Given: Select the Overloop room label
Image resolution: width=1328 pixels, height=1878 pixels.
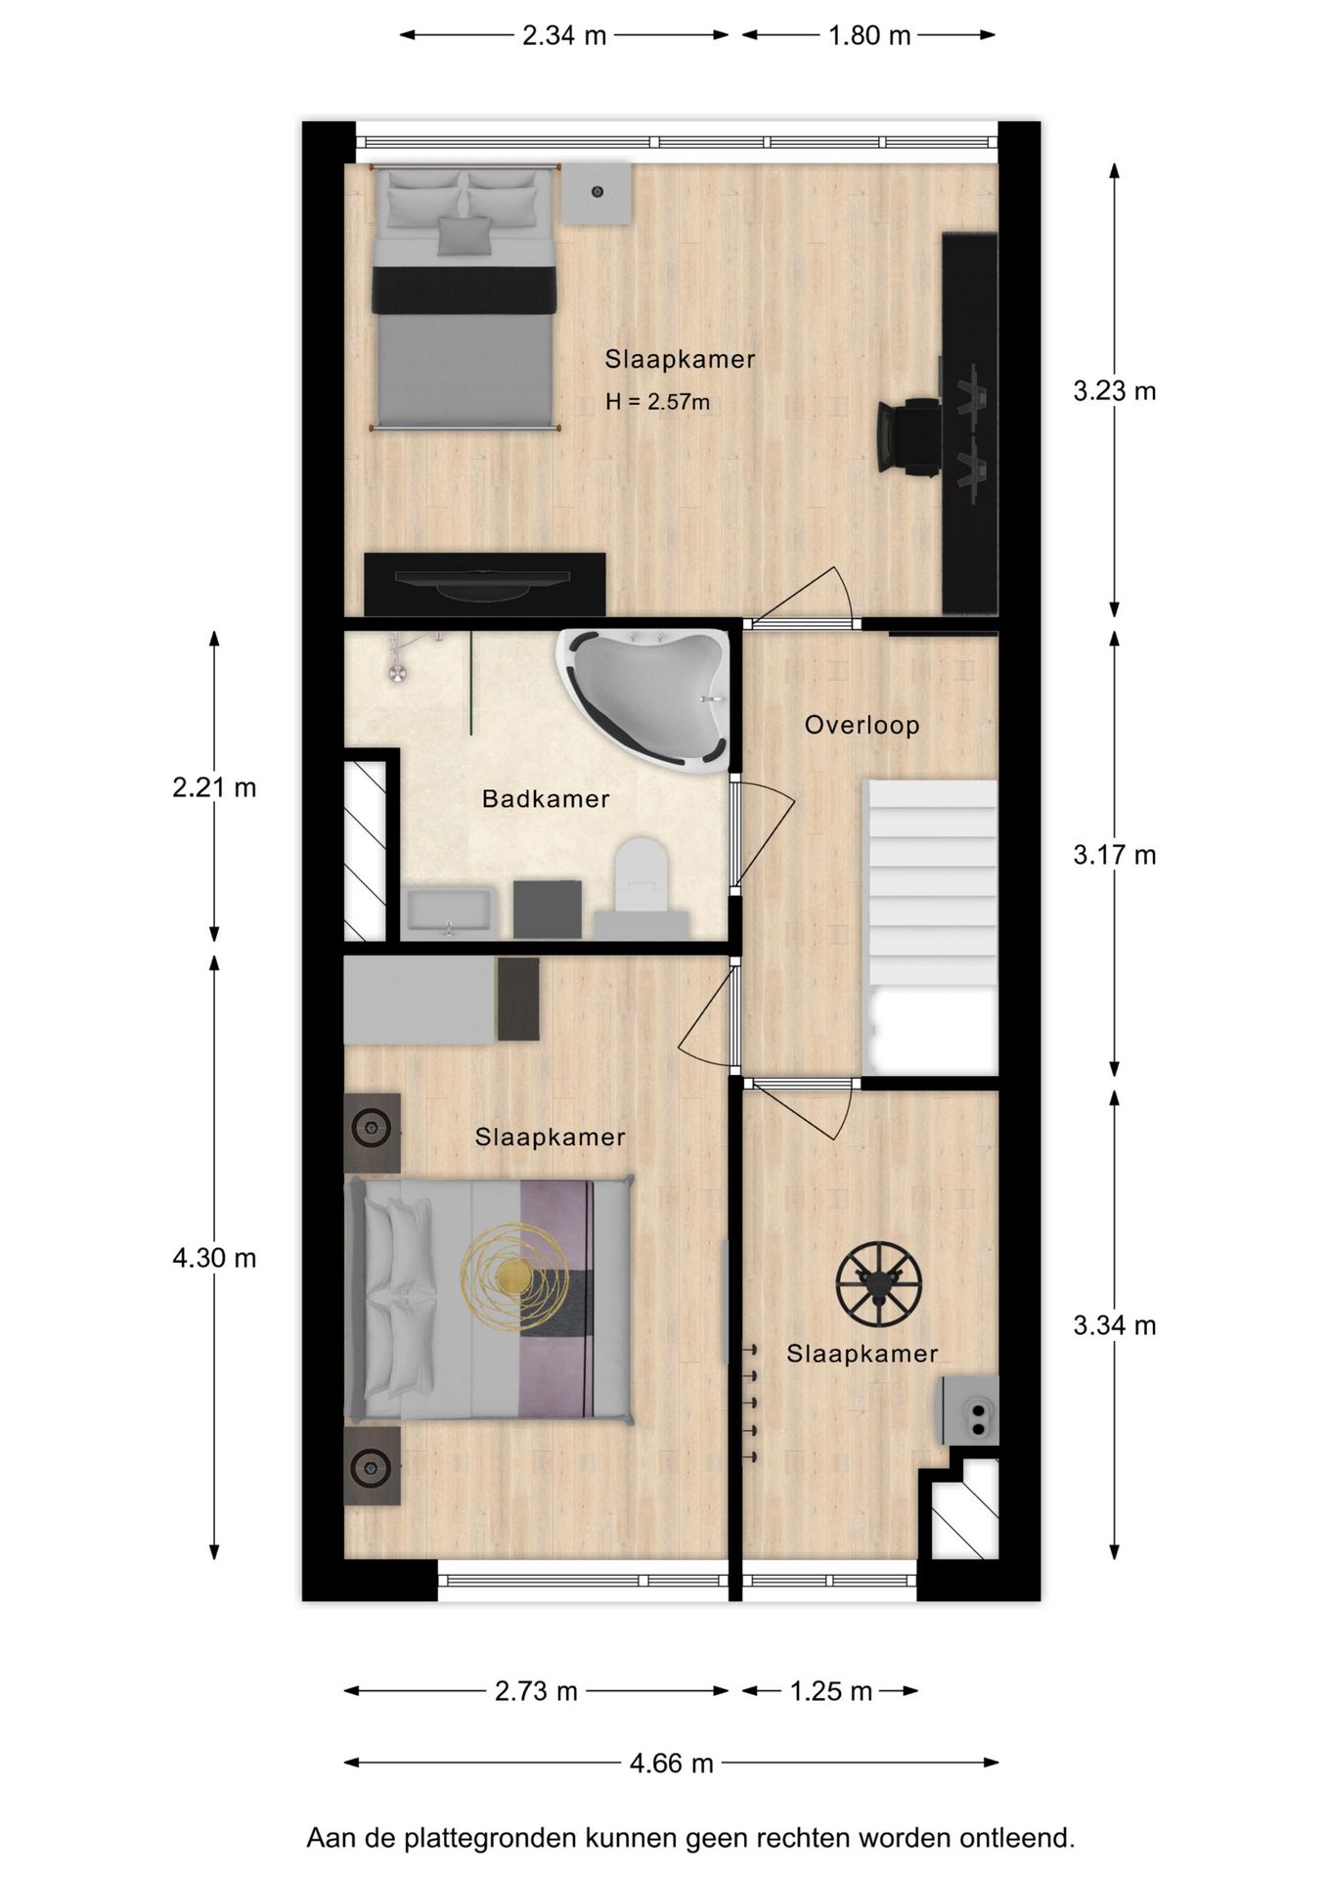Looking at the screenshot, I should coord(862,726).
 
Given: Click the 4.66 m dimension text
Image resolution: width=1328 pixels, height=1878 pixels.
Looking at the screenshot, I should coord(671,1764).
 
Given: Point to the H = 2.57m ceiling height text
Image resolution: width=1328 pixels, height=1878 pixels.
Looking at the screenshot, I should coord(657,402).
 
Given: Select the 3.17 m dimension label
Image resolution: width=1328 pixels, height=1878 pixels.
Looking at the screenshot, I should coord(1114,855).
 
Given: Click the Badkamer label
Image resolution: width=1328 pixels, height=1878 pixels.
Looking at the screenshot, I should coord(546,799).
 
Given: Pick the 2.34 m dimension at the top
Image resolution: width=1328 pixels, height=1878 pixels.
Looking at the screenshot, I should coord(564,36).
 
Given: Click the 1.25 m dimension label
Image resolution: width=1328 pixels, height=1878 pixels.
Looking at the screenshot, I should coord(830,1691).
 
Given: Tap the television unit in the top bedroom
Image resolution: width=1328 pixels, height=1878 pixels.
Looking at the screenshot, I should coord(484,584).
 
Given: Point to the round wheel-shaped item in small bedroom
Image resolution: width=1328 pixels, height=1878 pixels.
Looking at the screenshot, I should coord(878,1284).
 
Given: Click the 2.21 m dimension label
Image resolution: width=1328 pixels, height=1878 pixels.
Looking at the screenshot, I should coord(214,787).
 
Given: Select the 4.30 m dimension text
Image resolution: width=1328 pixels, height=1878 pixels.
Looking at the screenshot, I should coord(214,1258).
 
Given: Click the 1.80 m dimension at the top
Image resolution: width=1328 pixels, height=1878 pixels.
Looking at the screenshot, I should coord(868,36).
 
